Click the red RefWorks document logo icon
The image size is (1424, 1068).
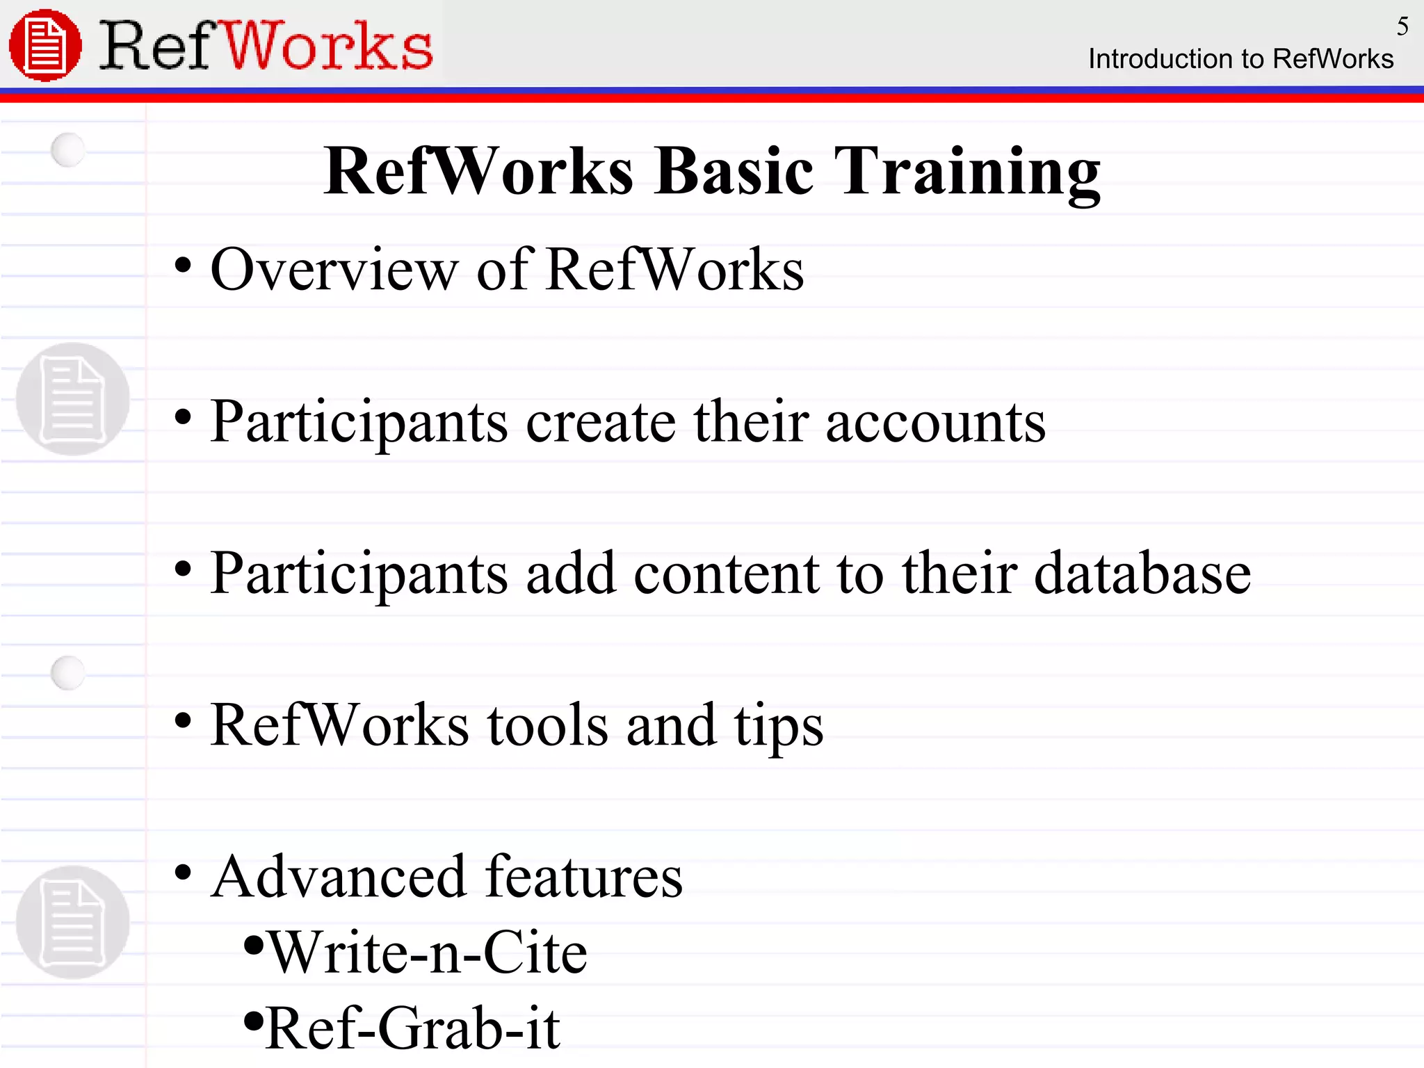pyautogui.click(x=45, y=45)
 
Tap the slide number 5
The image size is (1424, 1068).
pyautogui.click(x=1402, y=26)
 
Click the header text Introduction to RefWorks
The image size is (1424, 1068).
pyautogui.click(x=1240, y=59)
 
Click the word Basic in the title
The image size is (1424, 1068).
pyautogui.click(x=734, y=172)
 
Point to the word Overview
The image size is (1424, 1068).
pyautogui.click(x=334, y=270)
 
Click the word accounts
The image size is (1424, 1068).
pyautogui.click(x=935, y=422)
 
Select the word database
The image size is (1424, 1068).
pyautogui.click(x=1142, y=574)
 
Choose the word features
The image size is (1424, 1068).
pyautogui.click(x=584, y=877)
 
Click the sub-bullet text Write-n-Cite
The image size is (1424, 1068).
pyautogui.click(x=428, y=953)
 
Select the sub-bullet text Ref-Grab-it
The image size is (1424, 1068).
pyautogui.click(x=413, y=1028)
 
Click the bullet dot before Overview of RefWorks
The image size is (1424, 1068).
pyautogui.click(x=183, y=266)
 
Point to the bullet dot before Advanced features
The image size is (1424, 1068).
pyautogui.click(x=183, y=872)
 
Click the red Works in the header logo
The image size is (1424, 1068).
pyautogui.click(x=327, y=47)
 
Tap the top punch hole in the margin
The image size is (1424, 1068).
pyautogui.click(x=68, y=149)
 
